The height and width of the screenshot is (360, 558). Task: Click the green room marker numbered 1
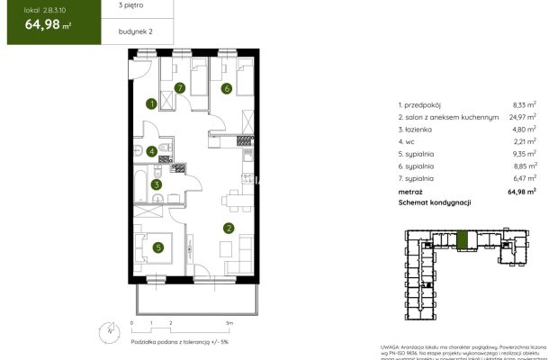coord(152,104)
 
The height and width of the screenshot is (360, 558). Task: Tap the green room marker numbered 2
coord(229,228)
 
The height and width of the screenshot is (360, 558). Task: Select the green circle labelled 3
coord(156,185)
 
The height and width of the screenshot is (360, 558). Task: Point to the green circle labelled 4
coord(152,151)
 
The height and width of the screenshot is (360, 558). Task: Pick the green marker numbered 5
coord(157,248)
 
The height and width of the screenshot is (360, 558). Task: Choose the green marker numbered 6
coord(227,88)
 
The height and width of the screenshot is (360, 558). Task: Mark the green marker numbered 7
coord(180,88)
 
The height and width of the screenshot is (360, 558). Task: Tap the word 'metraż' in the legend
coord(411,191)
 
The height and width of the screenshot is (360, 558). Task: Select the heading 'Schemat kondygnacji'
coord(436,203)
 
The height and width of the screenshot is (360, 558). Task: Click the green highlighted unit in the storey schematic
coord(463,241)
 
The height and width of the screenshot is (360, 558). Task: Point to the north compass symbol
coord(109,331)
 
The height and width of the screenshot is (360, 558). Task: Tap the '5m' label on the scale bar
coord(229,321)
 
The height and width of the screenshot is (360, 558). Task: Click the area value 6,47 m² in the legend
coord(525,178)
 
